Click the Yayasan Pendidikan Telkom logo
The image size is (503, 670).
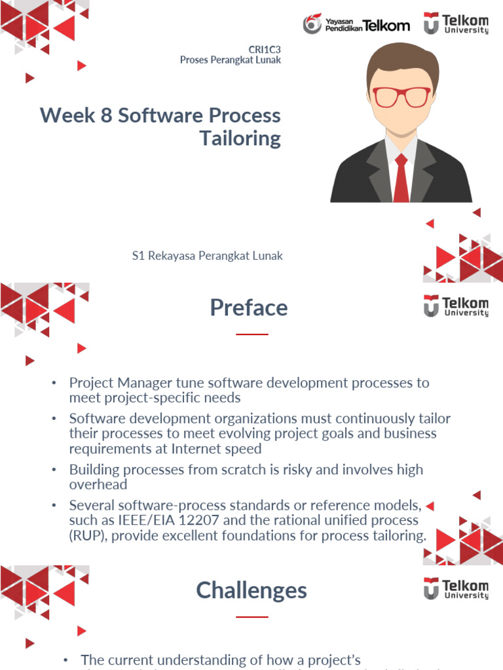(356, 25)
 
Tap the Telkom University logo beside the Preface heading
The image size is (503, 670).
(456, 306)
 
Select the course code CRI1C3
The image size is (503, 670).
(265, 50)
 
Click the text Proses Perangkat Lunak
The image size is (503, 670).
(231, 60)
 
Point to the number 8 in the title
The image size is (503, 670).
(106, 116)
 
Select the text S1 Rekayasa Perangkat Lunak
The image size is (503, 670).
(207, 256)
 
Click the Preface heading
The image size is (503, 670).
(249, 308)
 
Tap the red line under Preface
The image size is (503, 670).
(251, 334)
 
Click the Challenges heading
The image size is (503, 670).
(251, 590)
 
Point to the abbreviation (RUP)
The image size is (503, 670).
(88, 536)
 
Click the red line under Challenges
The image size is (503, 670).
(251, 616)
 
